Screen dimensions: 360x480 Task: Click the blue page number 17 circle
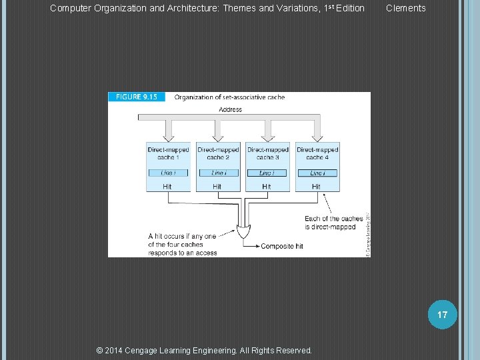pyautogui.click(x=443, y=313)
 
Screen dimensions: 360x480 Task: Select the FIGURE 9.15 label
pyautogui.click(x=136, y=97)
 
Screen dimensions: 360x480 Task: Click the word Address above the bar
pyautogui.click(x=230, y=109)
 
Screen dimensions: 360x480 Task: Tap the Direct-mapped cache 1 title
pyautogui.click(x=168, y=153)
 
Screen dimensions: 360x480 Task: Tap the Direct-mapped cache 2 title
pyautogui.click(x=218, y=153)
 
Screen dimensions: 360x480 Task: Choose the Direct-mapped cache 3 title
pyautogui.click(x=268, y=153)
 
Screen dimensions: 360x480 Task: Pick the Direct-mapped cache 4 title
pyautogui.click(x=317, y=153)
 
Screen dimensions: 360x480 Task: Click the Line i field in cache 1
pyautogui.click(x=168, y=173)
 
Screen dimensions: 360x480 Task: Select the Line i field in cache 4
pyautogui.click(x=317, y=173)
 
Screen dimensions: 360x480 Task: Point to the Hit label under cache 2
pyautogui.click(x=217, y=187)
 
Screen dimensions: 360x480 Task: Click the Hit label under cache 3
pyautogui.click(x=267, y=187)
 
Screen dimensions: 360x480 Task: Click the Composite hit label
pyautogui.click(x=281, y=246)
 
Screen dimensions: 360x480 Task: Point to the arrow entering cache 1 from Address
pyautogui.click(x=169, y=130)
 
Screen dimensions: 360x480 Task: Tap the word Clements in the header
pyautogui.click(x=405, y=8)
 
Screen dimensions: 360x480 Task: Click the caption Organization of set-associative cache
pyautogui.click(x=229, y=97)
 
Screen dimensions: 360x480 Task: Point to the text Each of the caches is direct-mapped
pyautogui.click(x=333, y=223)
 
